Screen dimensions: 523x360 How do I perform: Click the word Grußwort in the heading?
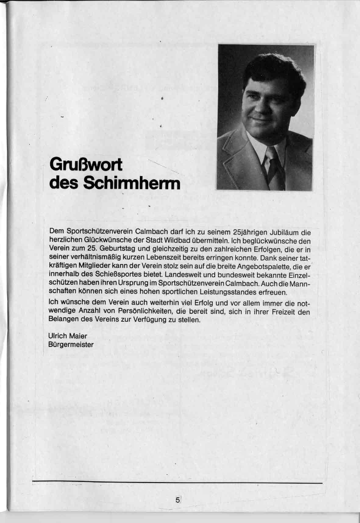[86, 166]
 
